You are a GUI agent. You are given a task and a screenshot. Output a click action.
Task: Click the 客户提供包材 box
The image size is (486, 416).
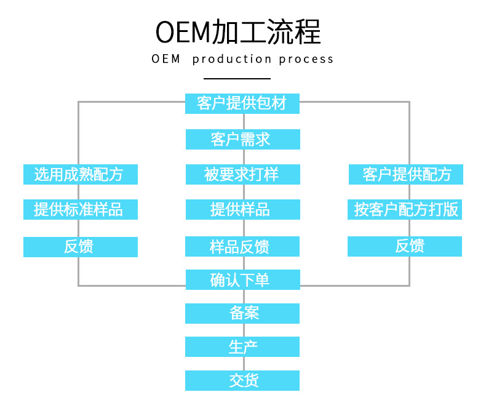point(242,103)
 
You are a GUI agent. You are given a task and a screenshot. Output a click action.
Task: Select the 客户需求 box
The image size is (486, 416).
point(242,139)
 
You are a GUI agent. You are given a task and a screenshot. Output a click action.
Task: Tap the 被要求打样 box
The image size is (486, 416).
point(242,174)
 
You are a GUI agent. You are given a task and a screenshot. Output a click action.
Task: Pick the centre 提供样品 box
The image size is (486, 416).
point(242,209)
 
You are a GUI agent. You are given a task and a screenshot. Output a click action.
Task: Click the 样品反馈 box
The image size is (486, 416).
point(242,246)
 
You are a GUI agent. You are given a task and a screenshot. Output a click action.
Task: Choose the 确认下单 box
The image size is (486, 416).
point(242,280)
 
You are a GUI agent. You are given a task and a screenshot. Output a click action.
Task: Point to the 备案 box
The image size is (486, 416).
point(242,313)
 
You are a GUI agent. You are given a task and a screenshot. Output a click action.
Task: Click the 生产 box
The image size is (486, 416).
point(242,346)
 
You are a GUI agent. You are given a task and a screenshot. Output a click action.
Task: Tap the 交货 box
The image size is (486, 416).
point(242,380)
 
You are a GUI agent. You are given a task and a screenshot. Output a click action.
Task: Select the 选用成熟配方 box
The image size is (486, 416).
point(80,174)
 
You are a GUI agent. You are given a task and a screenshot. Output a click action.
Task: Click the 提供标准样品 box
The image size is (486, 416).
point(80,209)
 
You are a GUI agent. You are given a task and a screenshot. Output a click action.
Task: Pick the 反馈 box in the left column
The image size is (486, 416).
point(80,247)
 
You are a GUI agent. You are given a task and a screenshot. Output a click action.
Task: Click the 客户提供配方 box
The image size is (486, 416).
point(405,174)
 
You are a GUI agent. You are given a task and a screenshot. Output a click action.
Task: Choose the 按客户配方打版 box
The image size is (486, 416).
point(405,209)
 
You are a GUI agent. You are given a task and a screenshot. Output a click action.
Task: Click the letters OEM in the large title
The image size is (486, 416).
point(183,33)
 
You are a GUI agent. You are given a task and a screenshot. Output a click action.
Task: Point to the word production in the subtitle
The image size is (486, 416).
point(232,59)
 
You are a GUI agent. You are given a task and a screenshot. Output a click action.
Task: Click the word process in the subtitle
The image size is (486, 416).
point(306,59)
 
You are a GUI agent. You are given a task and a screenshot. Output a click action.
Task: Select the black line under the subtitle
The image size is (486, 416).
point(237,79)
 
